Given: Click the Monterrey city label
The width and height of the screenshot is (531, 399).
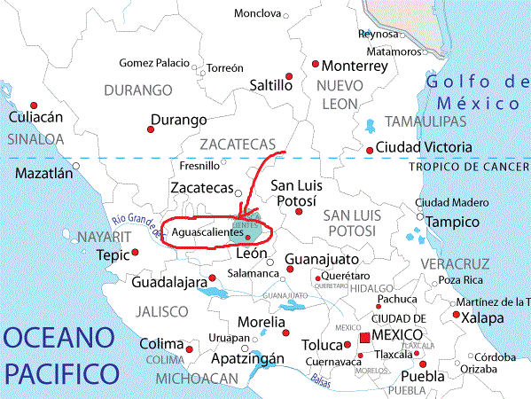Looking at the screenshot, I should (x=355, y=66).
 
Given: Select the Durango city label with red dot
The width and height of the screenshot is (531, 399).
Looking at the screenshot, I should (x=178, y=120).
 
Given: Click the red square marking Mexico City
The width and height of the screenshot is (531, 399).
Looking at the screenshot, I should (x=364, y=340).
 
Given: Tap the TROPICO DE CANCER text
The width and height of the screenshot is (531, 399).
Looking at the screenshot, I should (x=469, y=166).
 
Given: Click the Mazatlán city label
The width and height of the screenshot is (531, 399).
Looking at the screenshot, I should (x=43, y=174).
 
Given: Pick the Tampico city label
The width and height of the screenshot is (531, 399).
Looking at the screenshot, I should (x=453, y=222).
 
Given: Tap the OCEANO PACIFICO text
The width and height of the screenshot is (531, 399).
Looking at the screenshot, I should (x=60, y=352).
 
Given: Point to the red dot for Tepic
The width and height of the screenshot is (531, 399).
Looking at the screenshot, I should (x=136, y=254).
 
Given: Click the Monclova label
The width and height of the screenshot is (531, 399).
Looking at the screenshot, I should (x=257, y=13).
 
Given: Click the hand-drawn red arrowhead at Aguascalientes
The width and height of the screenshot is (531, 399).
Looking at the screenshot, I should (x=241, y=215).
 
